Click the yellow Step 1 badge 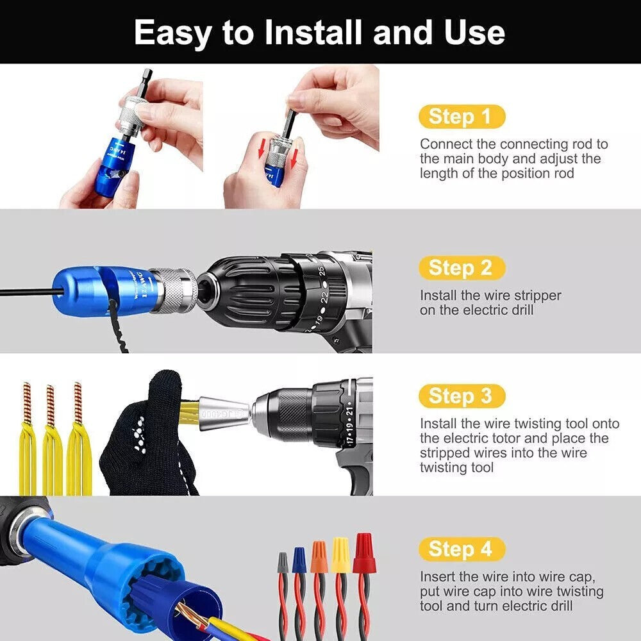(x=462, y=117)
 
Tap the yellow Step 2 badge (x=462, y=268)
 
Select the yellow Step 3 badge (x=462, y=395)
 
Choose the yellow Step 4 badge (x=462, y=549)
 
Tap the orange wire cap (x=319, y=557)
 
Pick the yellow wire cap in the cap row (x=341, y=554)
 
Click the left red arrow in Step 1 (x=262, y=149)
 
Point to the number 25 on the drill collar (x=321, y=271)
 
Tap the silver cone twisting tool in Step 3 (x=225, y=413)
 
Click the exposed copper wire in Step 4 (x=191, y=615)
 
